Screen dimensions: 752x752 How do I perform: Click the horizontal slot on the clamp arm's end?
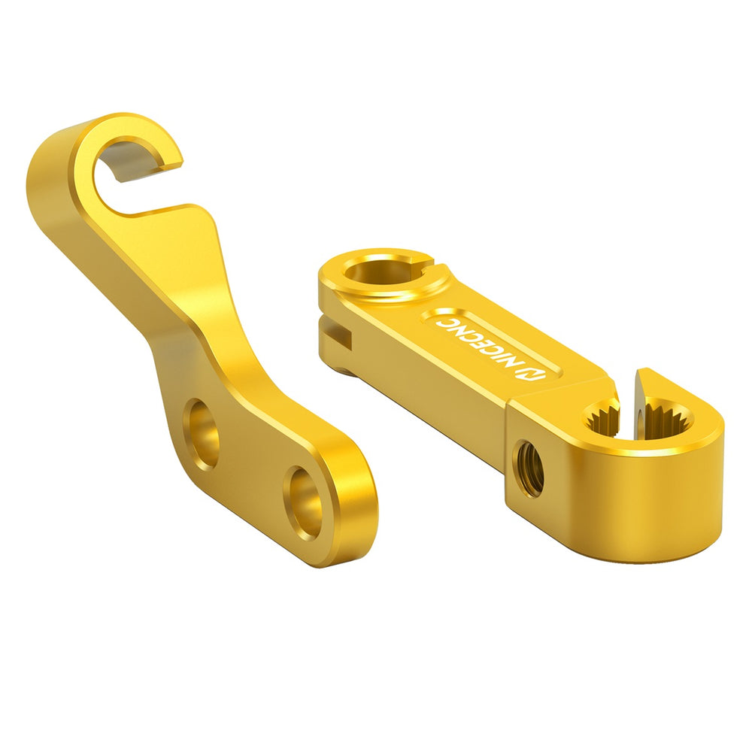click(335, 336)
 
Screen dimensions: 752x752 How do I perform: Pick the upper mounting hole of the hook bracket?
click(203, 434)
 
